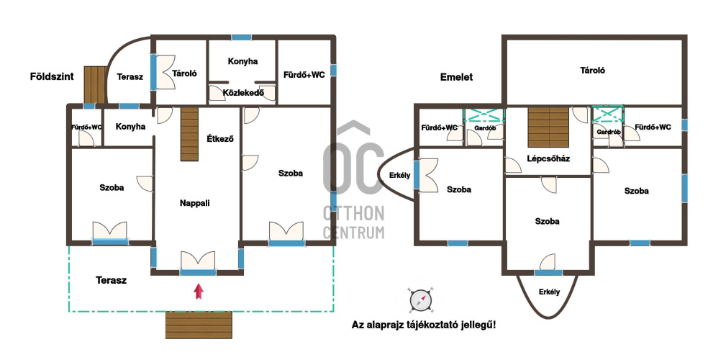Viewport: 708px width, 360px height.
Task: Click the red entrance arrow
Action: [199, 291]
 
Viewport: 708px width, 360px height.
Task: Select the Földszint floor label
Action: [52, 76]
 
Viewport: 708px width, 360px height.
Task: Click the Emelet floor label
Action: [456, 77]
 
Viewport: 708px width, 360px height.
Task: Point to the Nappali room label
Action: [194, 203]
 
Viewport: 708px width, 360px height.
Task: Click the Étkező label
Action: [220, 139]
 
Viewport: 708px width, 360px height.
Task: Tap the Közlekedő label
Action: [243, 93]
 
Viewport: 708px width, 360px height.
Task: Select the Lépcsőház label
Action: [548, 158]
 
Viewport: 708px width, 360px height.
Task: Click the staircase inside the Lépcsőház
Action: [548, 127]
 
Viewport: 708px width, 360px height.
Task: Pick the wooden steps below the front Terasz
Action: [199, 325]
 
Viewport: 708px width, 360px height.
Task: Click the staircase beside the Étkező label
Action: [190, 134]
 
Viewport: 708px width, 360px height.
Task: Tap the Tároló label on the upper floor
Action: [592, 71]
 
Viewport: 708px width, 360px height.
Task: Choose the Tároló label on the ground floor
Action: [185, 73]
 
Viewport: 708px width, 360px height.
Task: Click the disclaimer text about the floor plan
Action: [424, 325]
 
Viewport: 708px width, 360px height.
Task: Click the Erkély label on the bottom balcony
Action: [550, 292]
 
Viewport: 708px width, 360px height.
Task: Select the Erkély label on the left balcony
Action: [399, 175]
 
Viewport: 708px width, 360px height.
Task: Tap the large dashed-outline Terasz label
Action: [111, 280]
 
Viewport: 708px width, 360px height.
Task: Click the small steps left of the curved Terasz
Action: [95, 85]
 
